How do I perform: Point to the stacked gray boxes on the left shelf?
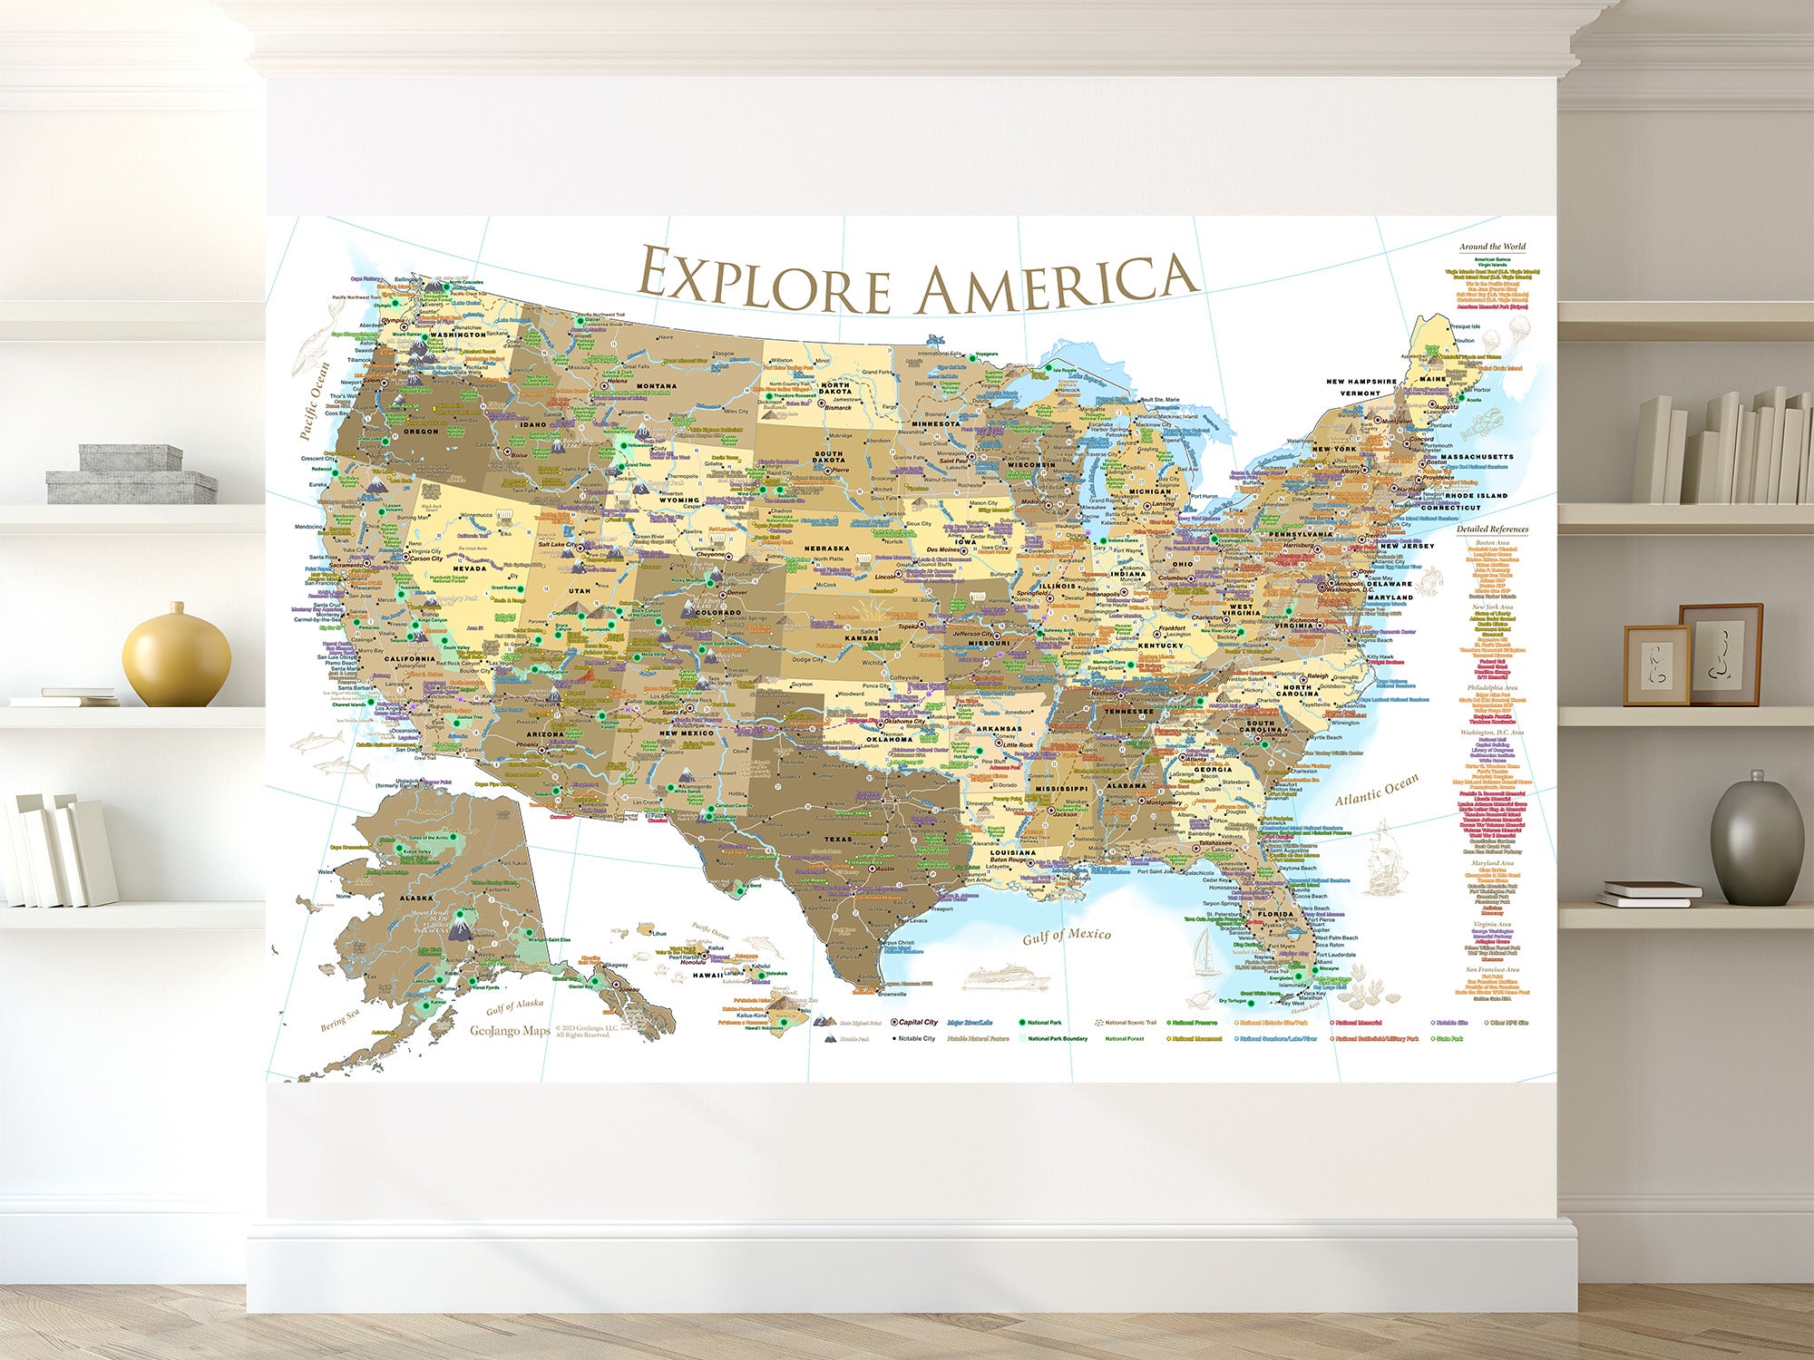(132, 475)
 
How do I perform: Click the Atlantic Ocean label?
(1376, 790)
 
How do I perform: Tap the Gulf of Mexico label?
(1067, 937)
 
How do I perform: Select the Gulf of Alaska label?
(514, 1006)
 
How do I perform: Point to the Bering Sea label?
(339, 1021)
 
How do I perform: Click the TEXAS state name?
(838, 840)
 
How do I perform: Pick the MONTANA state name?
(656, 386)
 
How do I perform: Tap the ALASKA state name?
(417, 898)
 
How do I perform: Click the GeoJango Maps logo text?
(510, 1031)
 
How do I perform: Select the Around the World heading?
(1492, 247)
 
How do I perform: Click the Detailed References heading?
(1492, 529)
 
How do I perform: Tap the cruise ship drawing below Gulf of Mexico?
(1005, 978)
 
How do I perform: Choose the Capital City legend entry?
(915, 1022)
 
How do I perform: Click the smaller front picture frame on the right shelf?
(1656, 665)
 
